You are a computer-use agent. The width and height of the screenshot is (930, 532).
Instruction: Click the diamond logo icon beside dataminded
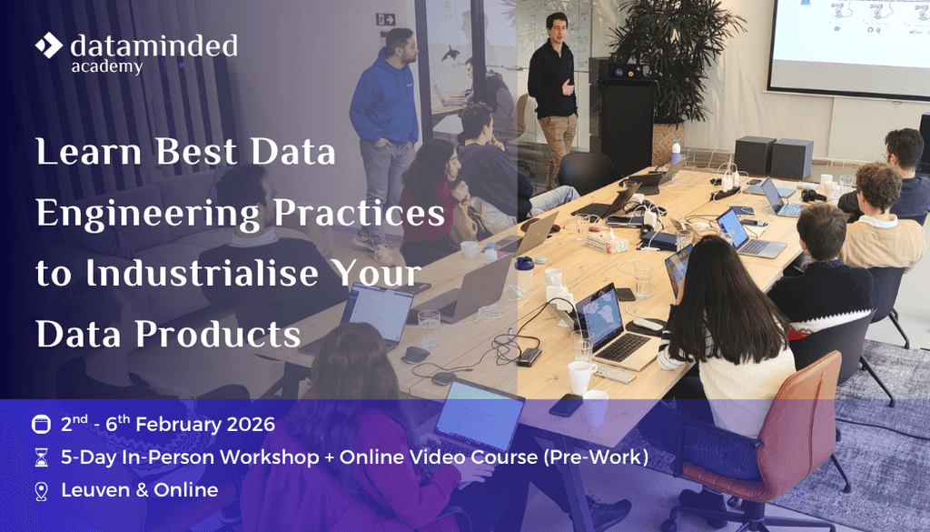(x=49, y=45)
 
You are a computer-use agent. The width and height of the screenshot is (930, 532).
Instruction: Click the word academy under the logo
(x=106, y=66)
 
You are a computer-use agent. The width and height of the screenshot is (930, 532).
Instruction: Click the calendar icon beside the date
(x=41, y=425)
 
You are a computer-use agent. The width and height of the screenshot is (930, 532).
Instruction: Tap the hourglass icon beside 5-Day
(x=41, y=457)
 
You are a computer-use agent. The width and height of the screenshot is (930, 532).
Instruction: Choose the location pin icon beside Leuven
(x=41, y=491)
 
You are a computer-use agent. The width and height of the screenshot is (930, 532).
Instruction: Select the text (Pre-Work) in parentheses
(x=596, y=457)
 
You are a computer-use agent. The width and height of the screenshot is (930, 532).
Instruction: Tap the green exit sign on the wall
(x=386, y=19)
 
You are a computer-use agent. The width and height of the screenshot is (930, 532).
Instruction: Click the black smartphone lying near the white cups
(x=564, y=406)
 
